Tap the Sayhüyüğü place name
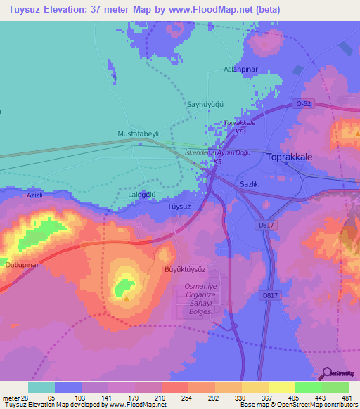click(205, 104)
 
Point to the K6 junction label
click(240, 131)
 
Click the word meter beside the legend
click(10, 396)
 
